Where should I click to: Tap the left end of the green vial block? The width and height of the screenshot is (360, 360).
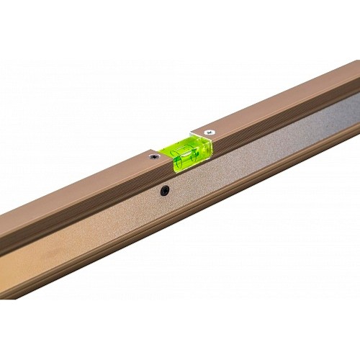pyautogui.click(x=174, y=163)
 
